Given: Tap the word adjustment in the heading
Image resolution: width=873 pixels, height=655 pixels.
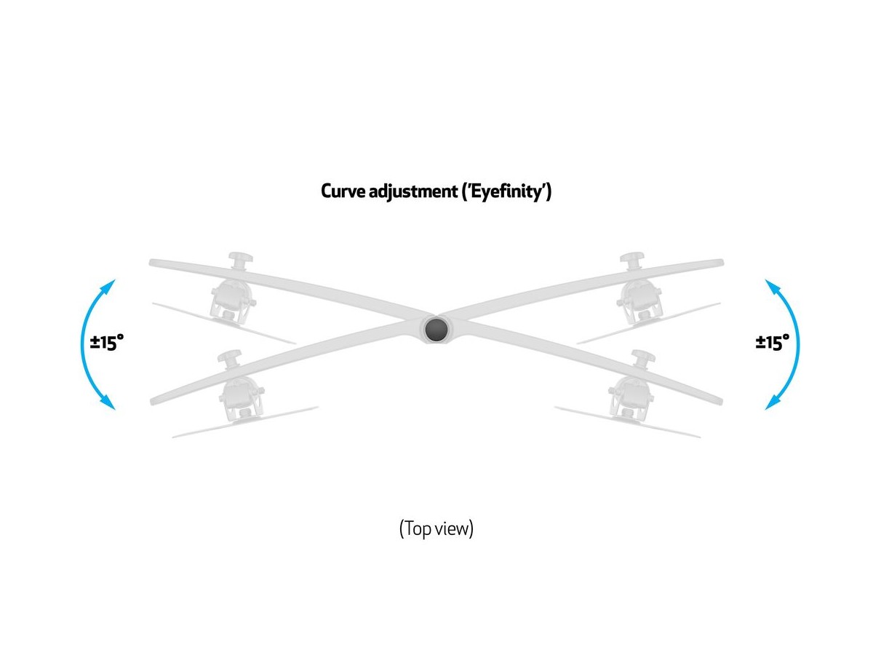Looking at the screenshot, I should pyautogui.click(x=417, y=193).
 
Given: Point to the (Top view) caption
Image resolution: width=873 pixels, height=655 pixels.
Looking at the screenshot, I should pyautogui.click(x=436, y=528).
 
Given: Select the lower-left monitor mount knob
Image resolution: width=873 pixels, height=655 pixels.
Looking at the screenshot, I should pyautogui.click(x=230, y=359).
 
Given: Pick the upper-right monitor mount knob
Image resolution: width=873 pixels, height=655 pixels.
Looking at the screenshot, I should pyautogui.click(x=633, y=261).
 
